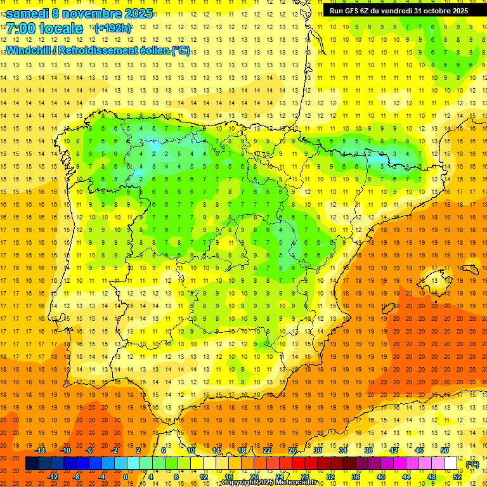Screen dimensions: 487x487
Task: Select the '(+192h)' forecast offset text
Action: pos(112,29)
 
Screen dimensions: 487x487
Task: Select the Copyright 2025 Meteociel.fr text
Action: pos(269,483)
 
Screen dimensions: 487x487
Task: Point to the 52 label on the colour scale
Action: pos(457,477)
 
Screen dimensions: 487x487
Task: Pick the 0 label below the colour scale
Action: pos(125,477)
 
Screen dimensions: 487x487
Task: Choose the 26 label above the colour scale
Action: pos(292,450)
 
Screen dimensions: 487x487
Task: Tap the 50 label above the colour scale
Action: pos(444,450)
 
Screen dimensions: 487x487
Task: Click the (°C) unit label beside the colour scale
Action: pos(472,464)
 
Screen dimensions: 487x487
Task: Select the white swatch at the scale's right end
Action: pos(451,464)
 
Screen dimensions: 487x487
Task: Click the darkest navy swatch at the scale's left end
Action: pos(32,464)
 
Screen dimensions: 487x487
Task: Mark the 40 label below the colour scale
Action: pos(381,477)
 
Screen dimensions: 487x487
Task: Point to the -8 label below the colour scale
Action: pos(76,477)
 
